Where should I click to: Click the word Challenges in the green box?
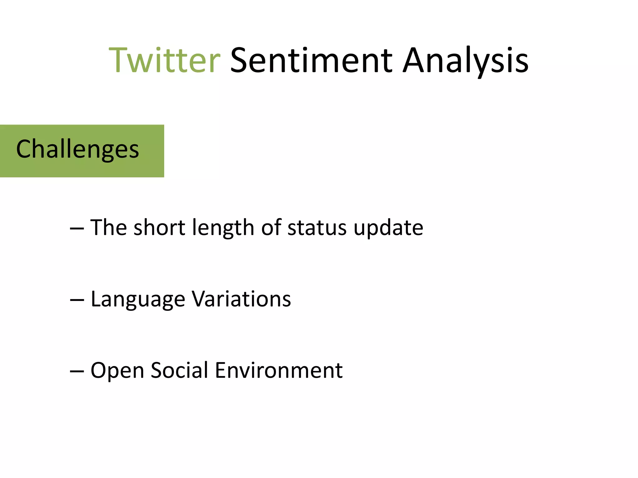pos(78,149)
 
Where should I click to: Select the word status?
pos(317,228)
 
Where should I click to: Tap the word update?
pos(388,228)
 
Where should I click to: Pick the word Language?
pos(138,299)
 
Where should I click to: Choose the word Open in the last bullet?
pos(117,371)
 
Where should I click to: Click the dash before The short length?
pos(77,229)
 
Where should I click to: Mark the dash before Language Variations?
pos(77,300)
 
